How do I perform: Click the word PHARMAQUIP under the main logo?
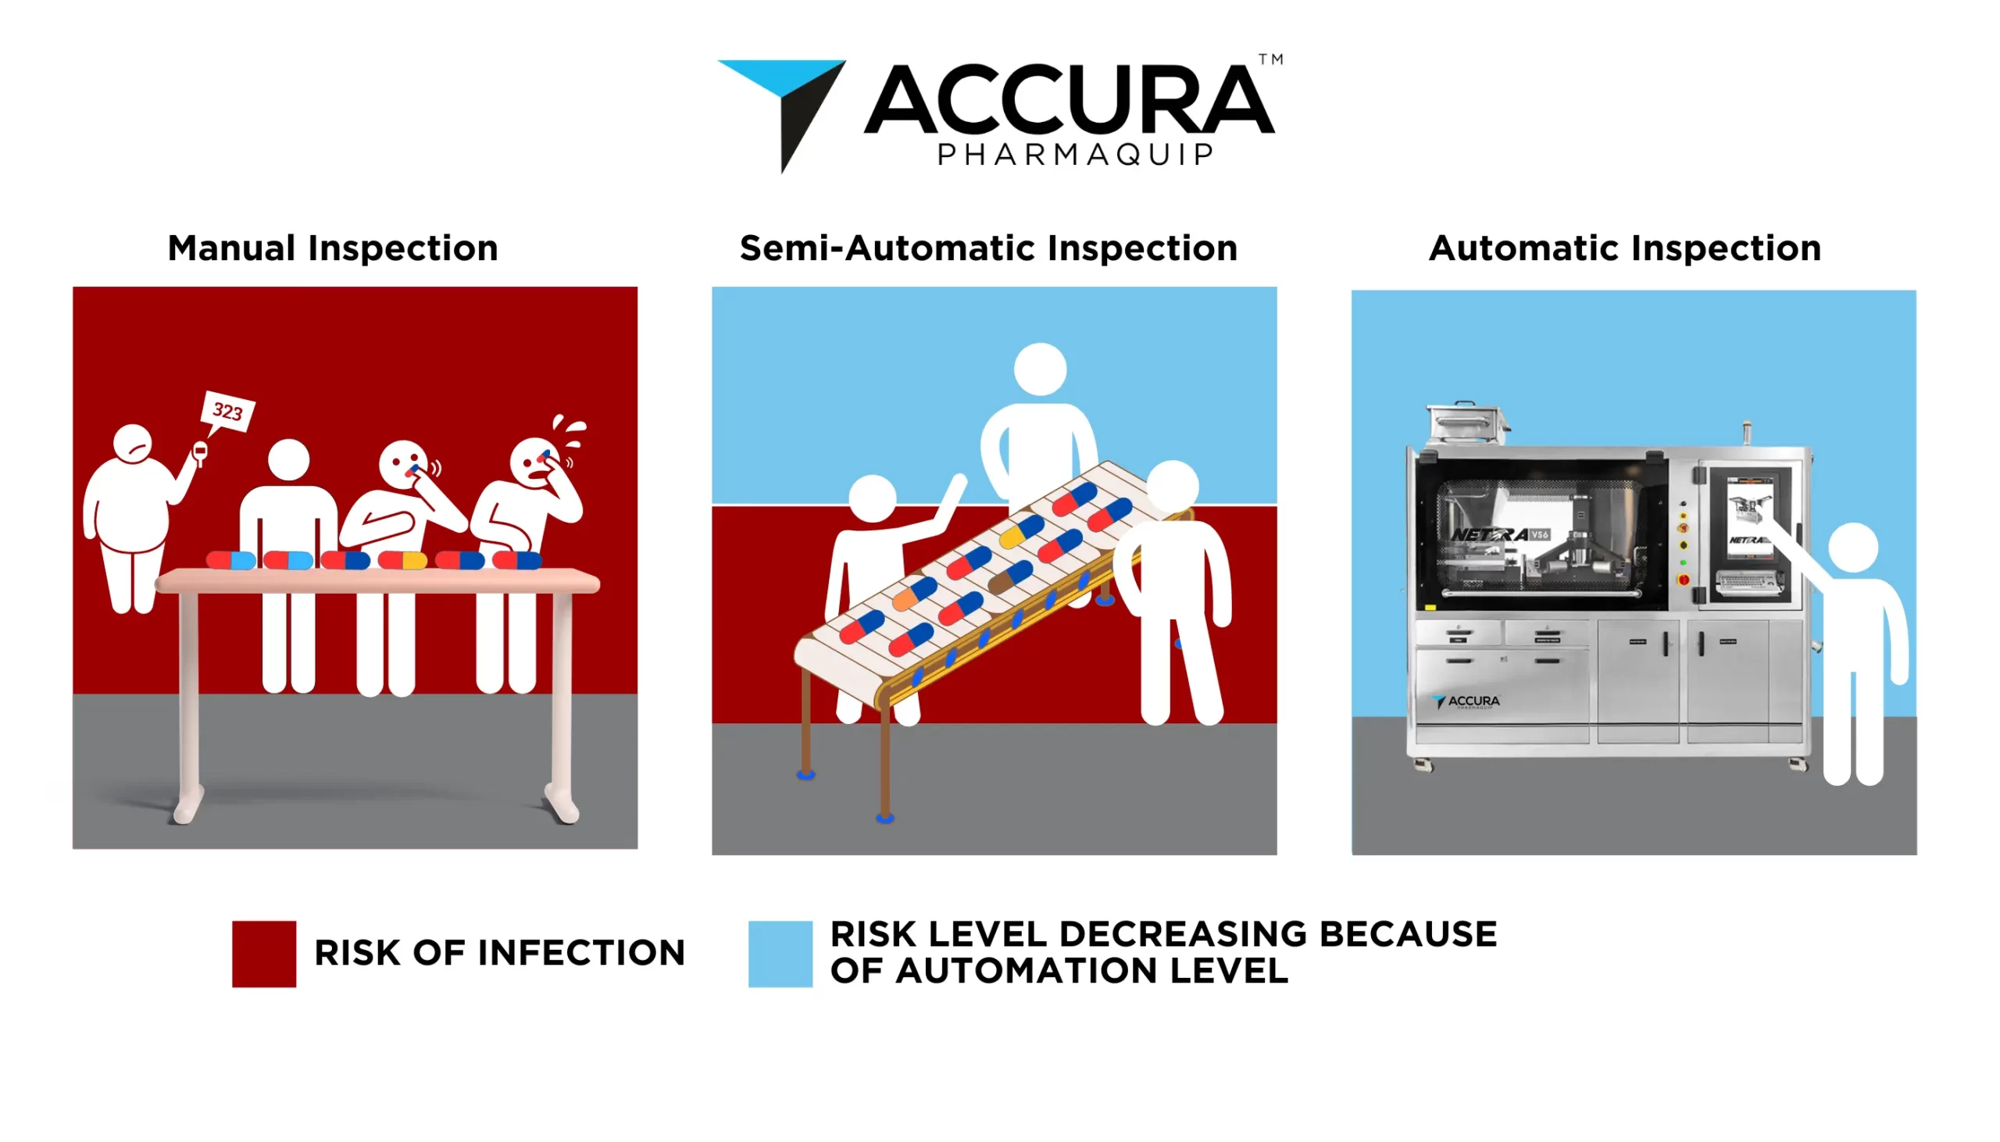[x=1075, y=155]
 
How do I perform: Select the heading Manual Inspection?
[x=333, y=248]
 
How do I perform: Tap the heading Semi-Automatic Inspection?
[x=988, y=248]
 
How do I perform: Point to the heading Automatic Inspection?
[x=1624, y=248]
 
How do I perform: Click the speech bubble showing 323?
[x=227, y=412]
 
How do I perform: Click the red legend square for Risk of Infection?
[x=264, y=953]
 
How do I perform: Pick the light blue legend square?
[x=780, y=953]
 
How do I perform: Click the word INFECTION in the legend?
[x=581, y=953]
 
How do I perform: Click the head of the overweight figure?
[x=133, y=444]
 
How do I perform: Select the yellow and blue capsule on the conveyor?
[x=1021, y=532]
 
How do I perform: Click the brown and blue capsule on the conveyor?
[x=1010, y=576]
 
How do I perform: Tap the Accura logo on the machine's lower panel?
[x=1466, y=701]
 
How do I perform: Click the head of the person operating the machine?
[x=1852, y=548]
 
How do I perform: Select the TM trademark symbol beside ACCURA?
[x=1270, y=59]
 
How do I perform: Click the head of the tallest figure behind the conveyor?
[x=1040, y=369]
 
